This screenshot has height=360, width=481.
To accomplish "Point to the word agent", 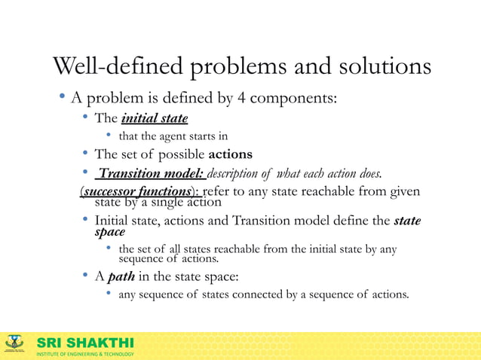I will (x=173, y=136).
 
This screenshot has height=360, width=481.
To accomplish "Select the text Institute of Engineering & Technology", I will (x=85, y=354).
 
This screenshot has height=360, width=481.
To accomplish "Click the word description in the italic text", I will (x=235, y=175).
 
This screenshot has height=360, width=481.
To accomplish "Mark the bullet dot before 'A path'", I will (x=86, y=276).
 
